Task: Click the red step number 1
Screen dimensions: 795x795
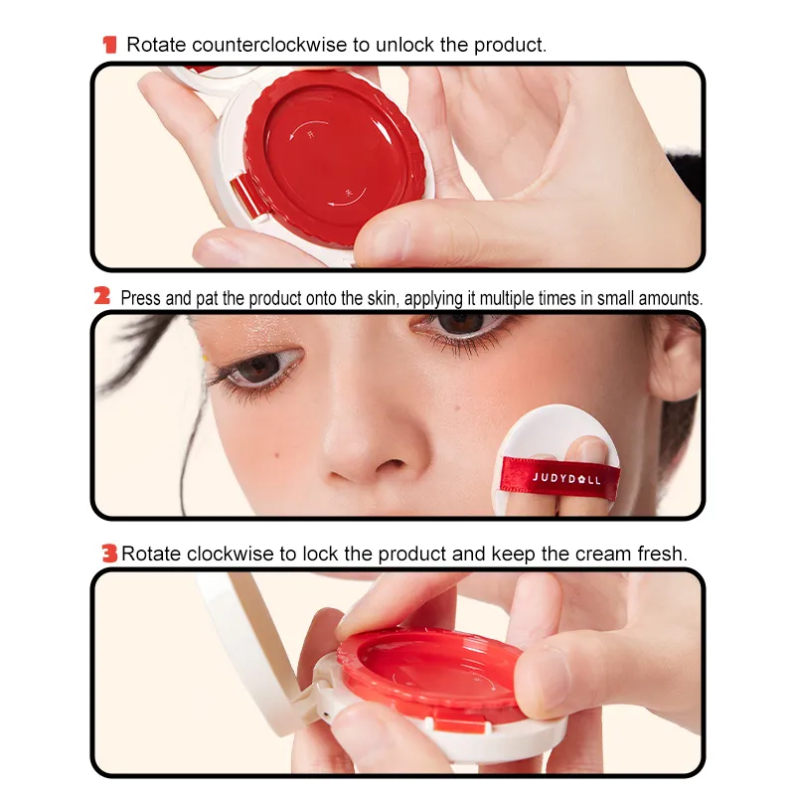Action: pyautogui.click(x=109, y=45)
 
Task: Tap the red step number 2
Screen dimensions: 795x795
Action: pyautogui.click(x=101, y=296)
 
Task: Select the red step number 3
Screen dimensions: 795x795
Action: pyautogui.click(x=109, y=554)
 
